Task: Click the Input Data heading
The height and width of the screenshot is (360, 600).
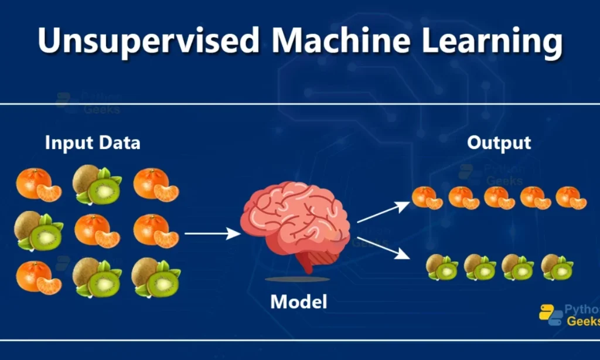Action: pyautogui.click(x=93, y=142)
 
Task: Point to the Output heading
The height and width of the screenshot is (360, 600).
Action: pyautogui.click(x=499, y=142)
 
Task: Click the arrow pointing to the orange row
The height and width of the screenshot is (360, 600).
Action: pyautogui.click(x=383, y=212)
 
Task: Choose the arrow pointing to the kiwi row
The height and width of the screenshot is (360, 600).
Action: pyautogui.click(x=384, y=246)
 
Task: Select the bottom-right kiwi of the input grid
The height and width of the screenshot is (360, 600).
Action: pyautogui.click(x=156, y=277)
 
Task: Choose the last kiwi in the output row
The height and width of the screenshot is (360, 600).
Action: pyautogui.click(x=557, y=267)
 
